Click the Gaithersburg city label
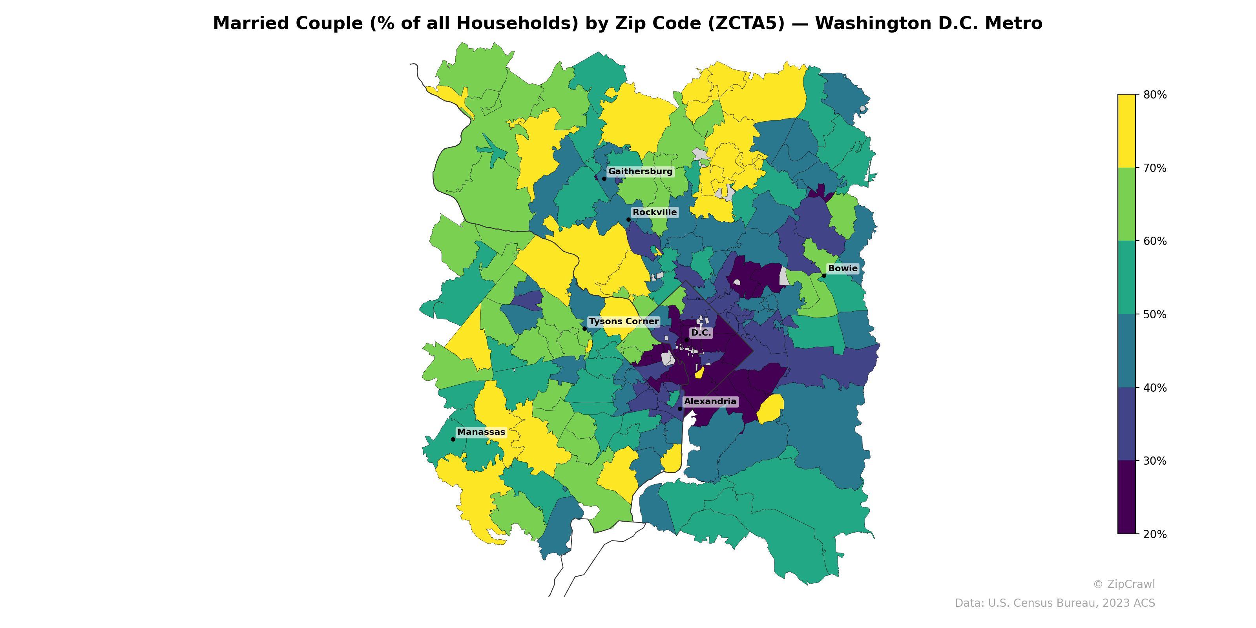coord(640,172)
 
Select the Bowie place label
coord(843,268)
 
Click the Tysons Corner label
coord(624,322)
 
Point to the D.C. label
coord(701,333)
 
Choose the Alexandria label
coord(710,402)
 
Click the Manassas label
coord(481,433)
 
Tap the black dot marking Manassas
coord(453,439)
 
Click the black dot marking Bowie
coord(824,276)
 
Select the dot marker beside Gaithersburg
coord(604,179)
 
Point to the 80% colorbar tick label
coord(1155,95)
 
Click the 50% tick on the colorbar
coord(1155,314)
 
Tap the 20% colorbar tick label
coord(1155,534)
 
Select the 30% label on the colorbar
coord(1155,461)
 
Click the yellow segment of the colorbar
coord(1126,131)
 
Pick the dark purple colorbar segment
coord(1126,497)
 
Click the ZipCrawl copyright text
coord(1124,584)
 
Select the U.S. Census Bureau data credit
coord(1055,603)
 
